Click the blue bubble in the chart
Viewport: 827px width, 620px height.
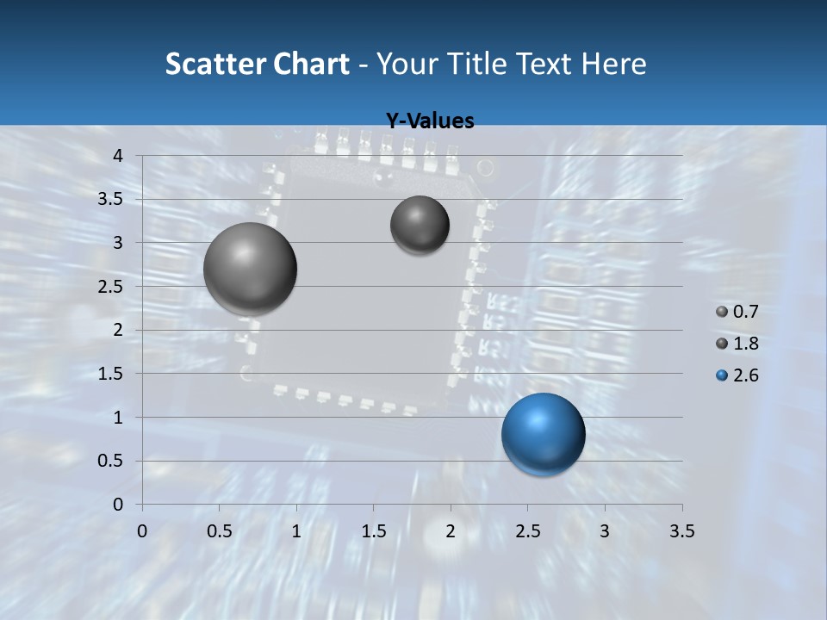543,434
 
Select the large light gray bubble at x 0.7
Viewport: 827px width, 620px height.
251,269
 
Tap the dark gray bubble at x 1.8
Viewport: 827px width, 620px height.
420,225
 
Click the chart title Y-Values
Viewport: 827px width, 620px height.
429,121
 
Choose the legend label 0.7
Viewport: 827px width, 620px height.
745,312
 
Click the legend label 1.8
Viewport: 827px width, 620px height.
745,344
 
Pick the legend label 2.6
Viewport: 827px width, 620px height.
745,375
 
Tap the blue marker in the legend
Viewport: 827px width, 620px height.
722,375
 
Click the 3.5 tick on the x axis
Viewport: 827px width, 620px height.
682,531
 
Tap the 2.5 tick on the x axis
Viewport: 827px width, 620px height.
528,531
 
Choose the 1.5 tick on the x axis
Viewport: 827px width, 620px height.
374,531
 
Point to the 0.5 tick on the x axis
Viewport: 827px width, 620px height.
220,531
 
